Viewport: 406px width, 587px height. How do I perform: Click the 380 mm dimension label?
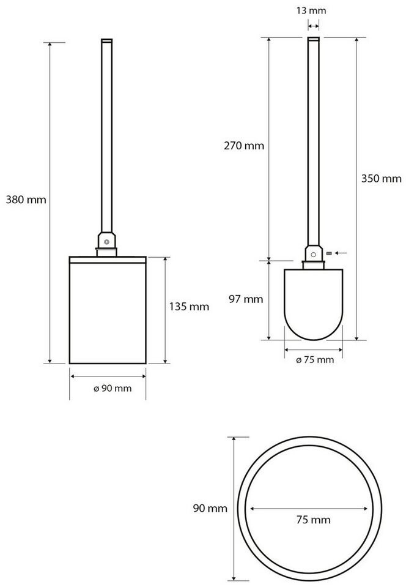point(26,200)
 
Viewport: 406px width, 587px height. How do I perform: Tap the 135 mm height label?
point(189,307)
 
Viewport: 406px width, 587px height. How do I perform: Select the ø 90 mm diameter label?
point(113,388)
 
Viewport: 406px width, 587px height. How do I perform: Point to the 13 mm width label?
point(311,10)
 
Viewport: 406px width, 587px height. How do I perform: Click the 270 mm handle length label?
point(244,145)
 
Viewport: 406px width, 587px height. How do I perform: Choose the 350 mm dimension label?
point(382,178)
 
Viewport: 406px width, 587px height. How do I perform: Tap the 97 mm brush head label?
point(246,299)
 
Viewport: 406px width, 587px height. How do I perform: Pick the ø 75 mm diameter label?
point(315,360)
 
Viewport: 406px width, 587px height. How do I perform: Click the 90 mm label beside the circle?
point(210,508)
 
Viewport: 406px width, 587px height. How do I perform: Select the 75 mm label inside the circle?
point(313,520)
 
